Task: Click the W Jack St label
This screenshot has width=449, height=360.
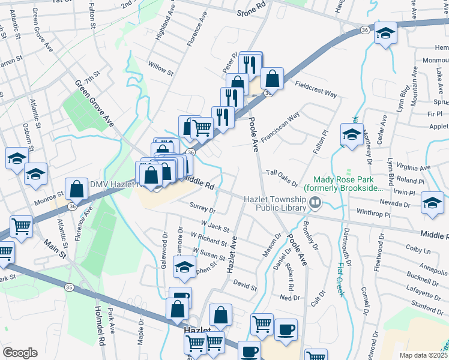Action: [x=215, y=226]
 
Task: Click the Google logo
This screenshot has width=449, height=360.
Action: [x=20, y=353]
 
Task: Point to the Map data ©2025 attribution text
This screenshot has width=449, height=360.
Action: [x=423, y=355]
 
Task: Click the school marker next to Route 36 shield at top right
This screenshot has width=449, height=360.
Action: [x=384, y=32]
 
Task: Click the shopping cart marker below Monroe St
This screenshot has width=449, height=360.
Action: [x=21, y=227]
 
